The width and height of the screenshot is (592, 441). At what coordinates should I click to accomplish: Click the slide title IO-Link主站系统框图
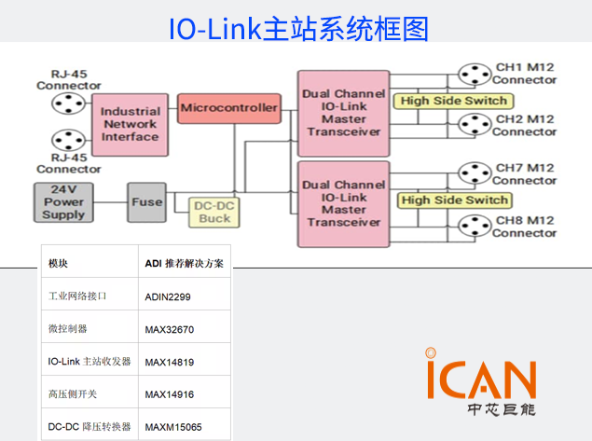point(298,28)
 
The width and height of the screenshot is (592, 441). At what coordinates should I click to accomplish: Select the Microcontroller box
point(229,108)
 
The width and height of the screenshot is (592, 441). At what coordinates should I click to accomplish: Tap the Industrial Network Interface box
point(131,124)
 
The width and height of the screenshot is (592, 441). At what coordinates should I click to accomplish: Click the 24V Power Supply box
point(63,202)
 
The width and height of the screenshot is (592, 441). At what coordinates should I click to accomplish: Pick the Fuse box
point(147,201)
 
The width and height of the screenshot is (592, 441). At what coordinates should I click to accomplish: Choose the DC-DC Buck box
point(215,213)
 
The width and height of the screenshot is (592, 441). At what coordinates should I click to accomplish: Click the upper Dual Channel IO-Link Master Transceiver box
point(344,113)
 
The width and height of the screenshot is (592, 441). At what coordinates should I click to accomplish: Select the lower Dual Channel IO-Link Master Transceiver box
point(344,203)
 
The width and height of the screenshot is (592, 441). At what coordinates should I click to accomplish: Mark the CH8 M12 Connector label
point(525,226)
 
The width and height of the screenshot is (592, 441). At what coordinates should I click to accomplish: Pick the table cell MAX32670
point(169,329)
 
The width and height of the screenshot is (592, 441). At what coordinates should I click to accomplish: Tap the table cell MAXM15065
point(172,427)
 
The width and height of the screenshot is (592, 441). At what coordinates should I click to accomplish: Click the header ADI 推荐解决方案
point(184,263)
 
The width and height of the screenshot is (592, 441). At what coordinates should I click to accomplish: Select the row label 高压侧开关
point(73,393)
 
